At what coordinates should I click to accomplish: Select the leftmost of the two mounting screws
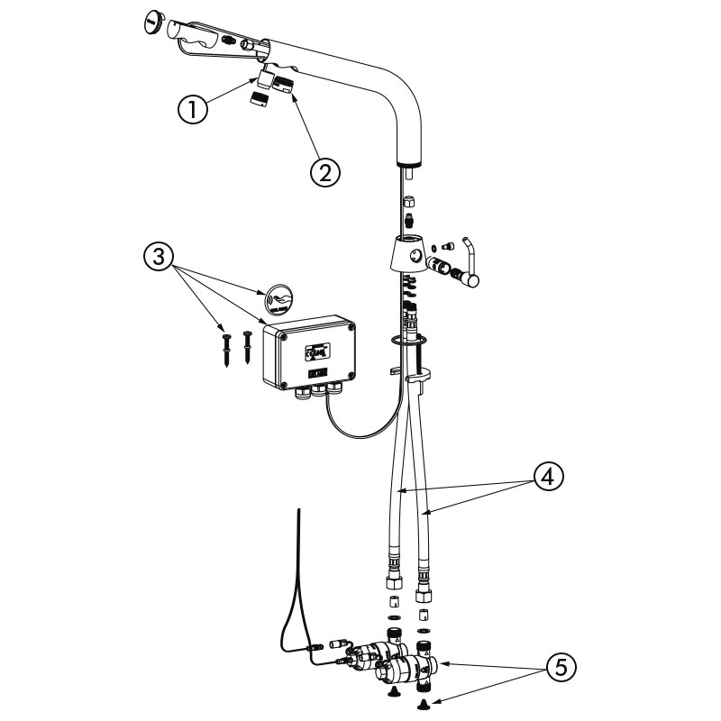(225, 347)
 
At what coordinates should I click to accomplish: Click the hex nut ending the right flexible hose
(423, 593)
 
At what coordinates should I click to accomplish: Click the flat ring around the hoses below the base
(406, 340)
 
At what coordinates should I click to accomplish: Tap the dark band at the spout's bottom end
(410, 163)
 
